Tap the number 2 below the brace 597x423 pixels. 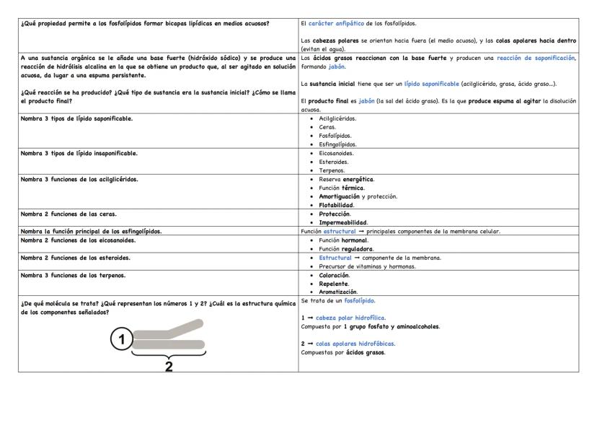(169, 365)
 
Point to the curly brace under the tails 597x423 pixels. (169, 353)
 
